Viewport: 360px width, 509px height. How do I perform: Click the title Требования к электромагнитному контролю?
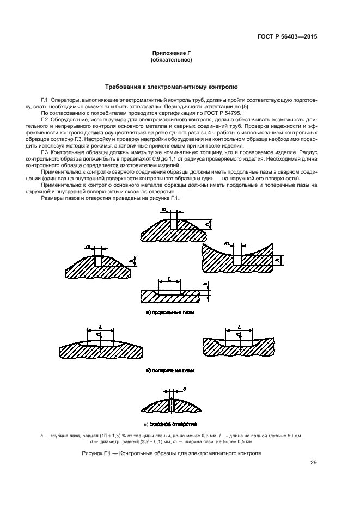coord(170,87)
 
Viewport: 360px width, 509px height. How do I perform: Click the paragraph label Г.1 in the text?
coord(45,101)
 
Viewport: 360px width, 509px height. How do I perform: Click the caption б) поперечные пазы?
coord(170,370)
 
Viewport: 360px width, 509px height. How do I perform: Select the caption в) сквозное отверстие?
coord(170,424)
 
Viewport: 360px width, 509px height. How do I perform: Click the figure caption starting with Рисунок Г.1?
coord(171,453)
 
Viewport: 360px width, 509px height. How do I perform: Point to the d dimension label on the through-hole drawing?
coord(185,389)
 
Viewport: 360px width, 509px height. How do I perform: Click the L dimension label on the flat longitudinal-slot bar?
coord(170,278)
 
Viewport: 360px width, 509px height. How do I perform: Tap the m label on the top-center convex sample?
coord(163,209)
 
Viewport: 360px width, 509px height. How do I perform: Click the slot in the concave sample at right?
coord(237,260)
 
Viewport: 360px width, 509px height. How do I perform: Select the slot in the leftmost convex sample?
coord(98,261)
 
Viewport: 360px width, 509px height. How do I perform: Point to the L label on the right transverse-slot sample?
coord(239,327)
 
